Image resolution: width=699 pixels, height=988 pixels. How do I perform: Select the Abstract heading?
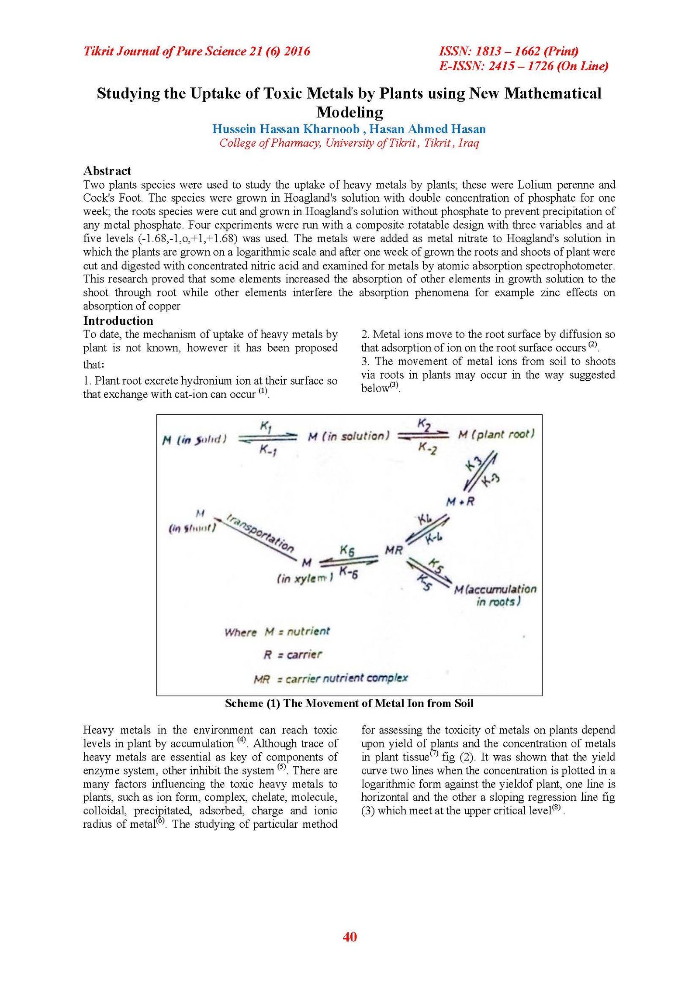(x=107, y=171)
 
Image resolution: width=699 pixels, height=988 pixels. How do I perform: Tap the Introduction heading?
(x=118, y=321)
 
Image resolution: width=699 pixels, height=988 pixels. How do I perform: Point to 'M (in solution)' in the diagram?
(x=348, y=436)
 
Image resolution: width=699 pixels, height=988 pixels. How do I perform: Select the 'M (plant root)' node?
(x=496, y=434)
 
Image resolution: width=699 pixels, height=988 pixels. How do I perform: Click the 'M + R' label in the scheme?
(x=460, y=502)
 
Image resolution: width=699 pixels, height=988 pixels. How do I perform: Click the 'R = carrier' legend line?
(x=293, y=654)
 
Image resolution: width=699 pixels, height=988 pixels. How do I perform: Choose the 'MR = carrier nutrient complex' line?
(x=331, y=678)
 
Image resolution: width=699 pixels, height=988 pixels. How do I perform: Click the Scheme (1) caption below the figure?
(x=349, y=703)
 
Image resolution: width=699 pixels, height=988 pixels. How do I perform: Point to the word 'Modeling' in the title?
(x=349, y=112)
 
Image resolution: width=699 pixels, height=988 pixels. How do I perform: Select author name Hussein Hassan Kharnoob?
(x=286, y=129)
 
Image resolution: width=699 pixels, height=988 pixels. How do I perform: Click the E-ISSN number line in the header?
(x=523, y=66)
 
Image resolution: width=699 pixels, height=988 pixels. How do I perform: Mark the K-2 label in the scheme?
(x=427, y=448)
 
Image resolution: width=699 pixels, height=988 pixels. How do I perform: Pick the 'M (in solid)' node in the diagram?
(x=194, y=440)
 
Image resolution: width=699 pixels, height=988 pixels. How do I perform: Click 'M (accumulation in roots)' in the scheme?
(x=495, y=595)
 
